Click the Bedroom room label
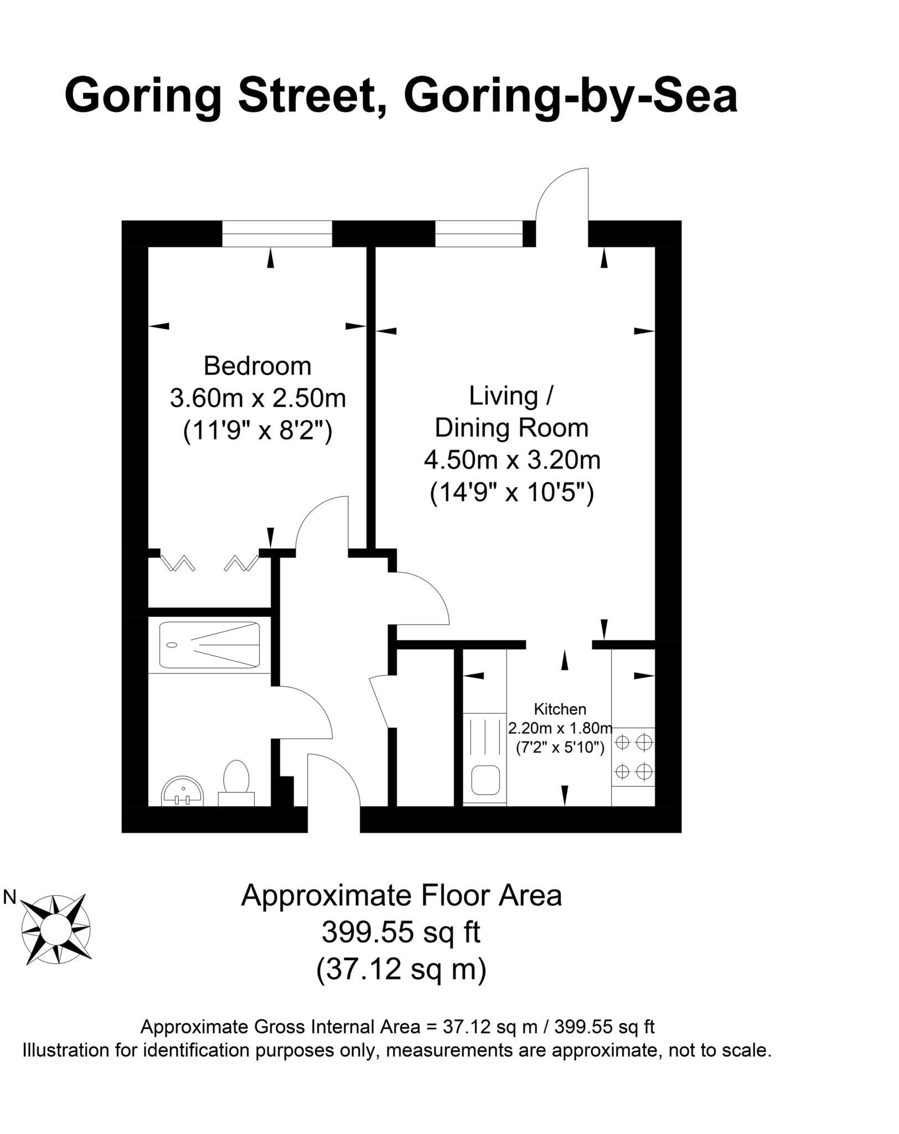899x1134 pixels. tap(257, 367)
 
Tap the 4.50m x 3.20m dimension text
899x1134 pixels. tap(512, 460)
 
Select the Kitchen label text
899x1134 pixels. tap(560, 709)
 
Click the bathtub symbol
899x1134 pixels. tap(209, 645)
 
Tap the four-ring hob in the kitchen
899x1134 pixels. tap(633, 756)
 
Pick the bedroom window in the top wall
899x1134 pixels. tap(277, 233)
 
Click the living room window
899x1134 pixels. tap(479, 233)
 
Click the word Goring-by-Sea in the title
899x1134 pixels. tap(571, 95)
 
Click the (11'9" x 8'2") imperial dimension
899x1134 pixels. tap(257, 430)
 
